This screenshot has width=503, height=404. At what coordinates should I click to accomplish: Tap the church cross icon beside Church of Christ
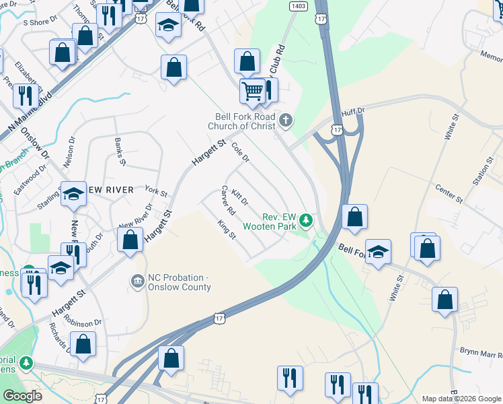click(286, 121)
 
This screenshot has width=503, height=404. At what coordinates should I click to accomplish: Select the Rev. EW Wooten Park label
click(270, 222)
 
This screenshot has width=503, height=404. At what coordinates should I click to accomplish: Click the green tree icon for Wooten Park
click(306, 220)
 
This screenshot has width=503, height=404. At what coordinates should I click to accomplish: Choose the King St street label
click(227, 230)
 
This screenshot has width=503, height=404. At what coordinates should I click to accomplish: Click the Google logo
click(22, 396)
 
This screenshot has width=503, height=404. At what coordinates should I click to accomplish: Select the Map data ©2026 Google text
click(460, 399)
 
